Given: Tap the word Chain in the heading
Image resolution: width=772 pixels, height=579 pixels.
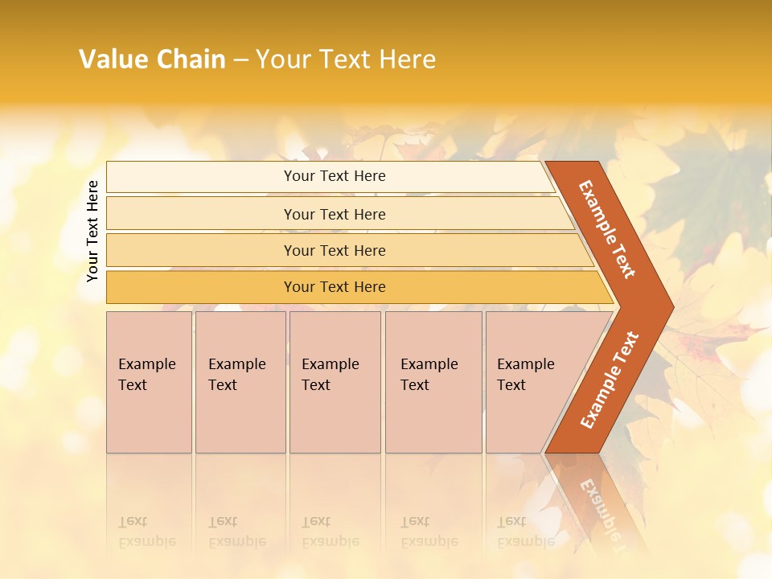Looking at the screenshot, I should pyautogui.click(x=191, y=59).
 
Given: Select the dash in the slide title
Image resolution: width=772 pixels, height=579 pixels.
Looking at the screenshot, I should pyautogui.click(x=240, y=60).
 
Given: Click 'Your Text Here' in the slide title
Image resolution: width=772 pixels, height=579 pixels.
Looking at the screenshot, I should pyautogui.click(x=346, y=59).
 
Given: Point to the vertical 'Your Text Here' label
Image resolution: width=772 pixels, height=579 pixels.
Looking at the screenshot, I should pyautogui.click(x=92, y=231).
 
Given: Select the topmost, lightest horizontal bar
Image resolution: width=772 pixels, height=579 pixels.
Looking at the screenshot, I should pyautogui.click(x=330, y=176).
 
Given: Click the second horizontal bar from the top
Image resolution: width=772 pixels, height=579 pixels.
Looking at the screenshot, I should pyautogui.click(x=335, y=214).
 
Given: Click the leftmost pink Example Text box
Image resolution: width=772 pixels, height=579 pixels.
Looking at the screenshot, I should pyautogui.click(x=149, y=381).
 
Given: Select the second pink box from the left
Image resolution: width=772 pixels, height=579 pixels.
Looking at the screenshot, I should pyautogui.click(x=240, y=381).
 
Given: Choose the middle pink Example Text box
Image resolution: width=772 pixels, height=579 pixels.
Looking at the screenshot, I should pyautogui.click(x=335, y=381).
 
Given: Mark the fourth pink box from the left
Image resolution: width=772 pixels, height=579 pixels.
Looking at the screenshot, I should pyautogui.click(x=433, y=381).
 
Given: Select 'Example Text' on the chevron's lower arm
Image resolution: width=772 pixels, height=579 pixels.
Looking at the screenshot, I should pyautogui.click(x=610, y=380).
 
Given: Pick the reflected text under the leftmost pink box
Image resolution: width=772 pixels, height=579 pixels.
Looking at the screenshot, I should pyautogui.click(x=146, y=532).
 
